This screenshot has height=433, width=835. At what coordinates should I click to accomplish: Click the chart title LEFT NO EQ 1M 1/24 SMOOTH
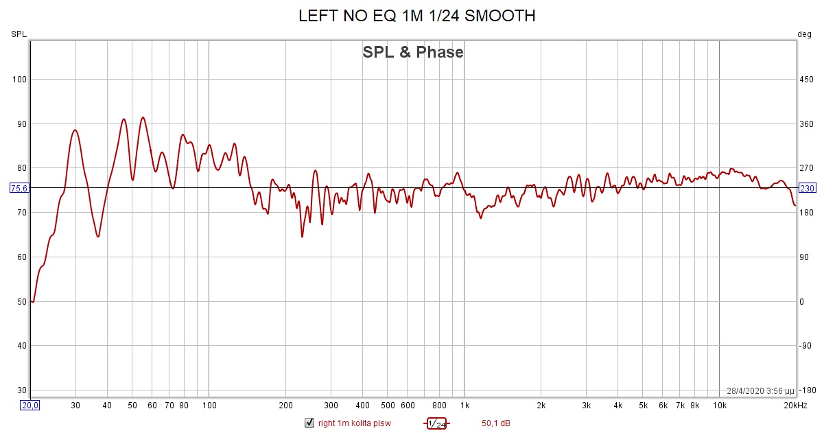tap(416, 16)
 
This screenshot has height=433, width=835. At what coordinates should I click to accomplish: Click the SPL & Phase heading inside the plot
tap(413, 52)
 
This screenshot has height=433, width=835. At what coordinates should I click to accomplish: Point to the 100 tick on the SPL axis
tap(19, 80)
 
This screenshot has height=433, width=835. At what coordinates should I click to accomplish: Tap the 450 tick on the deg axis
tap(807, 80)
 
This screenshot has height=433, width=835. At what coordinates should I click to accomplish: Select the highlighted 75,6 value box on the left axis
tap(19, 188)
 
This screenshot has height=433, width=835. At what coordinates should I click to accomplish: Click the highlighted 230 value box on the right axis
tap(807, 188)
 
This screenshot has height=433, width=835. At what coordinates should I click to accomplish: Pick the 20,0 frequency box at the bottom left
tap(30, 406)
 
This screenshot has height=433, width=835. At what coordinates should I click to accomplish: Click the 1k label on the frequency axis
tap(464, 406)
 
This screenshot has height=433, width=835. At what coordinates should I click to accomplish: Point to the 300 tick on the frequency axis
tap(331, 406)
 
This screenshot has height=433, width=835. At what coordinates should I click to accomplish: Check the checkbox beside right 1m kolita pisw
tap(309, 423)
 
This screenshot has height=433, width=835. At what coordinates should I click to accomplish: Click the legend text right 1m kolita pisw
tap(354, 423)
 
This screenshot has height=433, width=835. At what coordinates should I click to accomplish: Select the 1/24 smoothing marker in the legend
tap(436, 423)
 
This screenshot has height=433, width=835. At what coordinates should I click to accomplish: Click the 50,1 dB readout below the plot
tap(496, 423)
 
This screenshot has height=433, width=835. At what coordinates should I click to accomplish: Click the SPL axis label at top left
tap(19, 34)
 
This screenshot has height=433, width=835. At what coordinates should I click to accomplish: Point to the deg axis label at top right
tap(804, 34)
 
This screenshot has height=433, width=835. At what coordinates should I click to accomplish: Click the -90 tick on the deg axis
tap(807, 346)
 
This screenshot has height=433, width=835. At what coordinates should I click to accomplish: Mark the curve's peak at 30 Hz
tap(75, 130)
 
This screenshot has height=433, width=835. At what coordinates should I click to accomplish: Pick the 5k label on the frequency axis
tap(643, 406)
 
